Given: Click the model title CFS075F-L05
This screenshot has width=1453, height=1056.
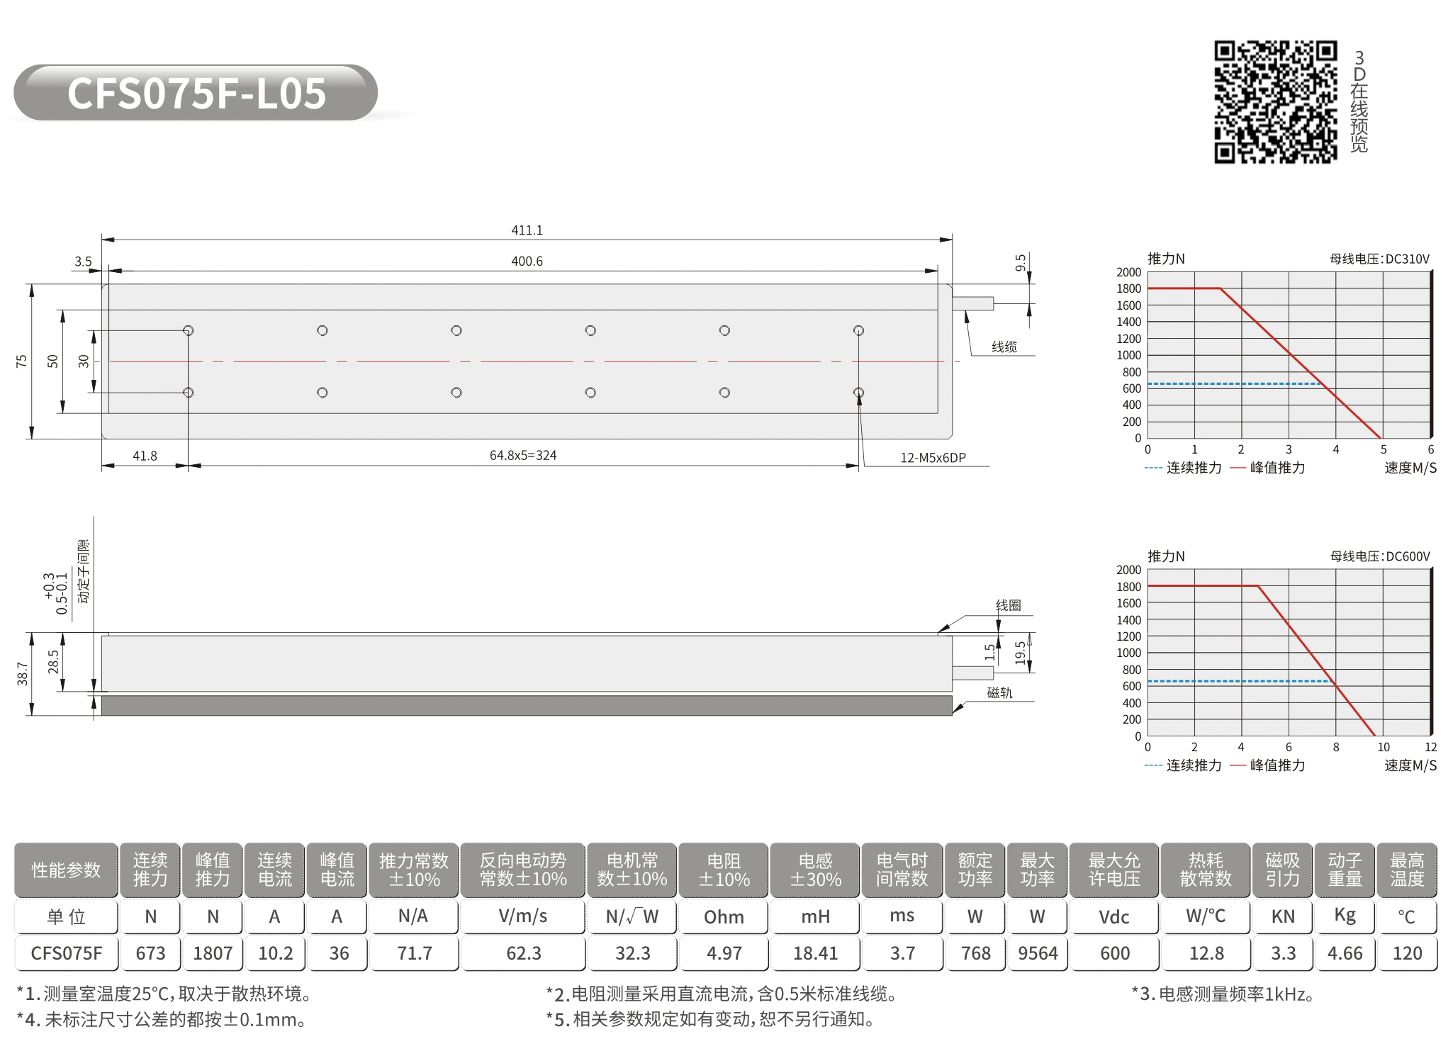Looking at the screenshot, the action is [196, 94].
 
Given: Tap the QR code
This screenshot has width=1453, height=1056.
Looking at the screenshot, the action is [1275, 101].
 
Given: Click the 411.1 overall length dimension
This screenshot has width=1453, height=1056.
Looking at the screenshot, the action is [527, 230].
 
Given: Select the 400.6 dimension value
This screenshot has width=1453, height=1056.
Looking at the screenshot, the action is [527, 262].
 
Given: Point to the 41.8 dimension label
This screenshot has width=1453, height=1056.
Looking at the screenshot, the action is [145, 456].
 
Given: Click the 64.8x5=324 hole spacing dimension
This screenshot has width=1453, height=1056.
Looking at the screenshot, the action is [523, 455].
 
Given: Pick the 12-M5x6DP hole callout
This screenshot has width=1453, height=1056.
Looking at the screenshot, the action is [933, 458].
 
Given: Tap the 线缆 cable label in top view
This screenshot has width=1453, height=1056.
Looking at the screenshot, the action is [1004, 347].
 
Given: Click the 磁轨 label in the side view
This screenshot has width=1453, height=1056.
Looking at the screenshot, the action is [999, 692].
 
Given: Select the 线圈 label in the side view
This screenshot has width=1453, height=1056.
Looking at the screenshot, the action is [1008, 605].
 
